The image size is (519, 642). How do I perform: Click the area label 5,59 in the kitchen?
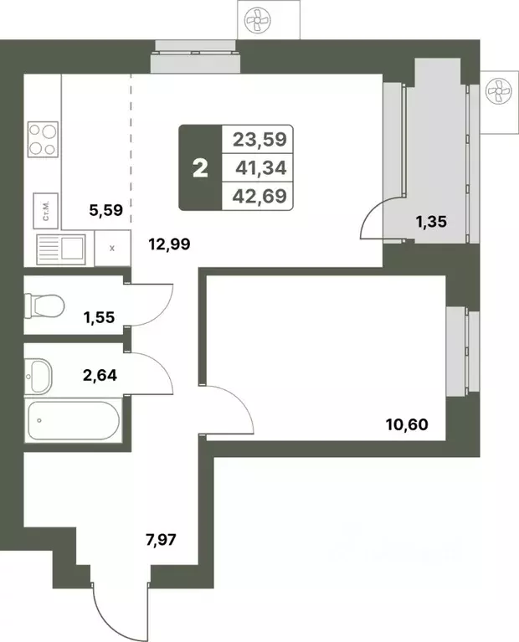click(105, 211)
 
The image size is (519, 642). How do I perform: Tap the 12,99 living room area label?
click(170, 244)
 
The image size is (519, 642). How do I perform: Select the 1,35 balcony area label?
click(433, 222)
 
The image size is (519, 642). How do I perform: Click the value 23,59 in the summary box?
click(259, 139)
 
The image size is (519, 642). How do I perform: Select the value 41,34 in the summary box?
click(259, 168)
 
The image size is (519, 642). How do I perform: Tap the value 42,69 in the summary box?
click(259, 198)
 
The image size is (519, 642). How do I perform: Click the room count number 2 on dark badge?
click(199, 168)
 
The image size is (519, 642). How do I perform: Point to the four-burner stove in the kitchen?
click(43, 140)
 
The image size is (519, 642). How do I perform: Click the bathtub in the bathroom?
click(73, 421)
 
